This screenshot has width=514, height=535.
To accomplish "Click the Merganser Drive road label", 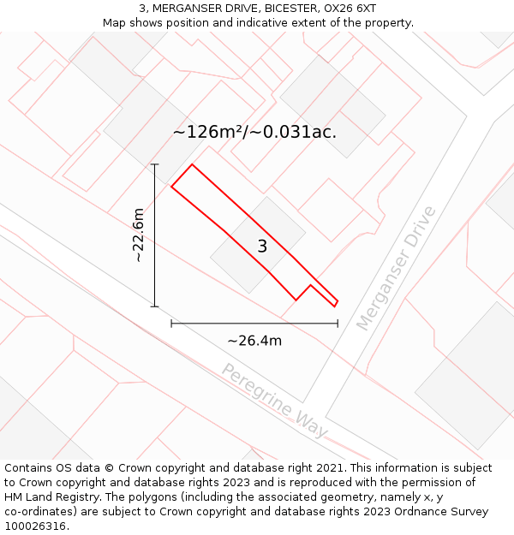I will click(396, 268).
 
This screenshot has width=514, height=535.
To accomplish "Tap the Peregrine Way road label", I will click(274, 401).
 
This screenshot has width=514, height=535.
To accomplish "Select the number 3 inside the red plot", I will click(262, 247).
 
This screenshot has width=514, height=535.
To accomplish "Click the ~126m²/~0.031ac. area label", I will click(254, 132).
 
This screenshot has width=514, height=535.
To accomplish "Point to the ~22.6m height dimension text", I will click(138, 235).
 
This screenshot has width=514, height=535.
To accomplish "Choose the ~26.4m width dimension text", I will click(254, 341).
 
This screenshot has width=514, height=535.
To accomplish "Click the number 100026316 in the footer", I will click(37, 526).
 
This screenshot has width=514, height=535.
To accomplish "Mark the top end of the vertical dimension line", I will click(154, 164).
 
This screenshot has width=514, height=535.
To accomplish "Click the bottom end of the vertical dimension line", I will click(154, 306).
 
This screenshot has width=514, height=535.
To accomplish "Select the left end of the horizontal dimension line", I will click(171, 324).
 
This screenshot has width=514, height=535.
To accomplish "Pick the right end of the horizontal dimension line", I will click(338, 324).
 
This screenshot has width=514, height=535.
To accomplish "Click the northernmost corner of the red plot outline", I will click(191, 164).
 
